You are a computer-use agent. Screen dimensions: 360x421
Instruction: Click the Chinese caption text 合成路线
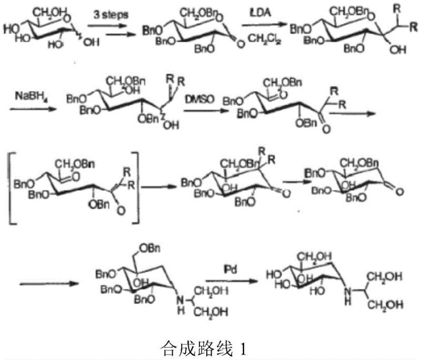click(188, 347)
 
